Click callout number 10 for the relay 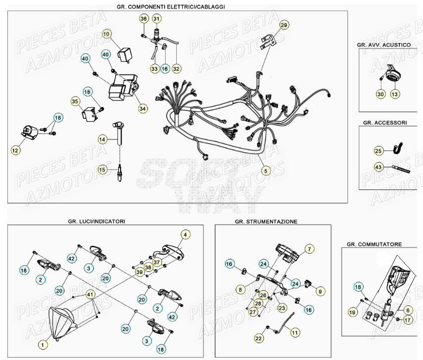(107, 34)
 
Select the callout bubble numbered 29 (283, 25)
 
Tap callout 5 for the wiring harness (265, 171)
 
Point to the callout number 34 (143, 108)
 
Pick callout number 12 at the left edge (15, 148)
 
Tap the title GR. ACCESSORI (384, 122)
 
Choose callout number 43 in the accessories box (378, 167)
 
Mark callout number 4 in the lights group (185, 234)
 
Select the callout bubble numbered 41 (90, 294)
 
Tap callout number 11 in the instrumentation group (294, 332)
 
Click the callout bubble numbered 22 (258, 338)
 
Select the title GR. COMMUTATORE (374, 244)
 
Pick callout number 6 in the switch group (408, 310)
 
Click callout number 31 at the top (156, 19)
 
